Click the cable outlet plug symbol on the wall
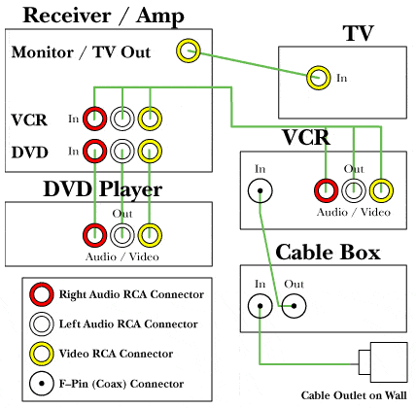click(383, 362)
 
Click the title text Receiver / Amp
click(104, 16)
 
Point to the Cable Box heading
click(328, 253)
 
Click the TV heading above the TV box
click(358, 33)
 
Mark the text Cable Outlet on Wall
click(354, 395)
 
